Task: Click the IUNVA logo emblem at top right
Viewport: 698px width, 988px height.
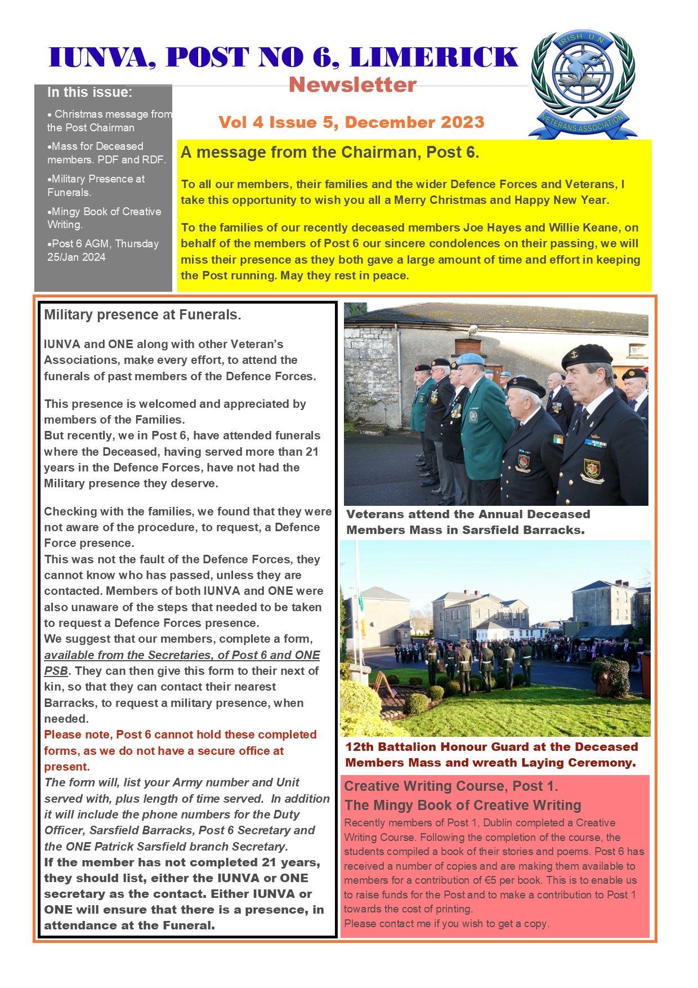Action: tap(583, 83)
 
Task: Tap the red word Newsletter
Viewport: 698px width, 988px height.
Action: tap(352, 85)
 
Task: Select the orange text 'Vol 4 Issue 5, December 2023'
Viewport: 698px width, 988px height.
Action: tap(351, 122)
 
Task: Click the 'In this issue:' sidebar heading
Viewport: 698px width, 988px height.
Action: tap(90, 92)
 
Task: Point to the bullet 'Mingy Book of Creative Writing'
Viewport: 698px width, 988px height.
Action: tap(104, 218)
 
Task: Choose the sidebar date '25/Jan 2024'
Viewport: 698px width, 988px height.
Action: tap(77, 257)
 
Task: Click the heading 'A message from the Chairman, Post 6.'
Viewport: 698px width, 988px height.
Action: tap(329, 153)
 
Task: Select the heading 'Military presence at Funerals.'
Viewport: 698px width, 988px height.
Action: tap(142, 315)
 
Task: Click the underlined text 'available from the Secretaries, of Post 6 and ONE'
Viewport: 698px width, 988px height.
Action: tap(182, 655)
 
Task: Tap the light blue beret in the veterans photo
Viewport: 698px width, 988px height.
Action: tap(470, 359)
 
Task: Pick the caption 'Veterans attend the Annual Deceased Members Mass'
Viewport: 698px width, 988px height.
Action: tap(468, 522)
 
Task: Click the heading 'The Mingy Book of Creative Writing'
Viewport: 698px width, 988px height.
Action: tap(463, 805)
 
